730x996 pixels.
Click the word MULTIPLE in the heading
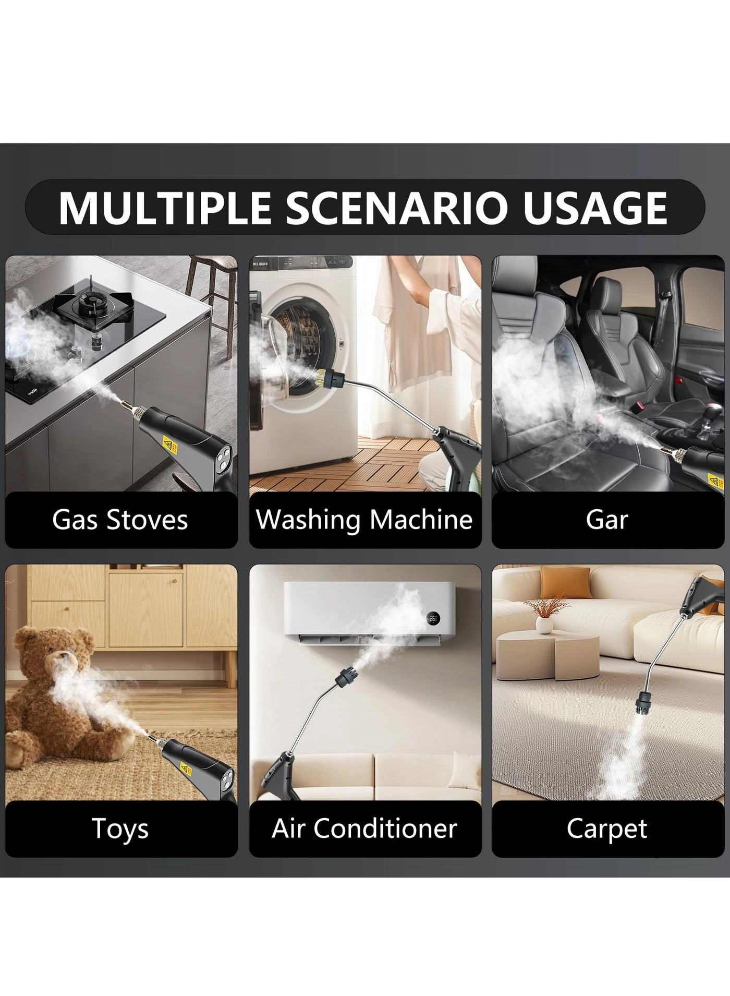pos(164,208)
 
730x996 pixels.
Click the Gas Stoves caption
pos(120,520)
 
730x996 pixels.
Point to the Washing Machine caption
pos(364,520)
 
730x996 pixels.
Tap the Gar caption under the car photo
pos(607,520)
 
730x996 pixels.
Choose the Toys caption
pos(120,829)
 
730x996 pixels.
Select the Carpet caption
pos(607,829)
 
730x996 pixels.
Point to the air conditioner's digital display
pos(433,619)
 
